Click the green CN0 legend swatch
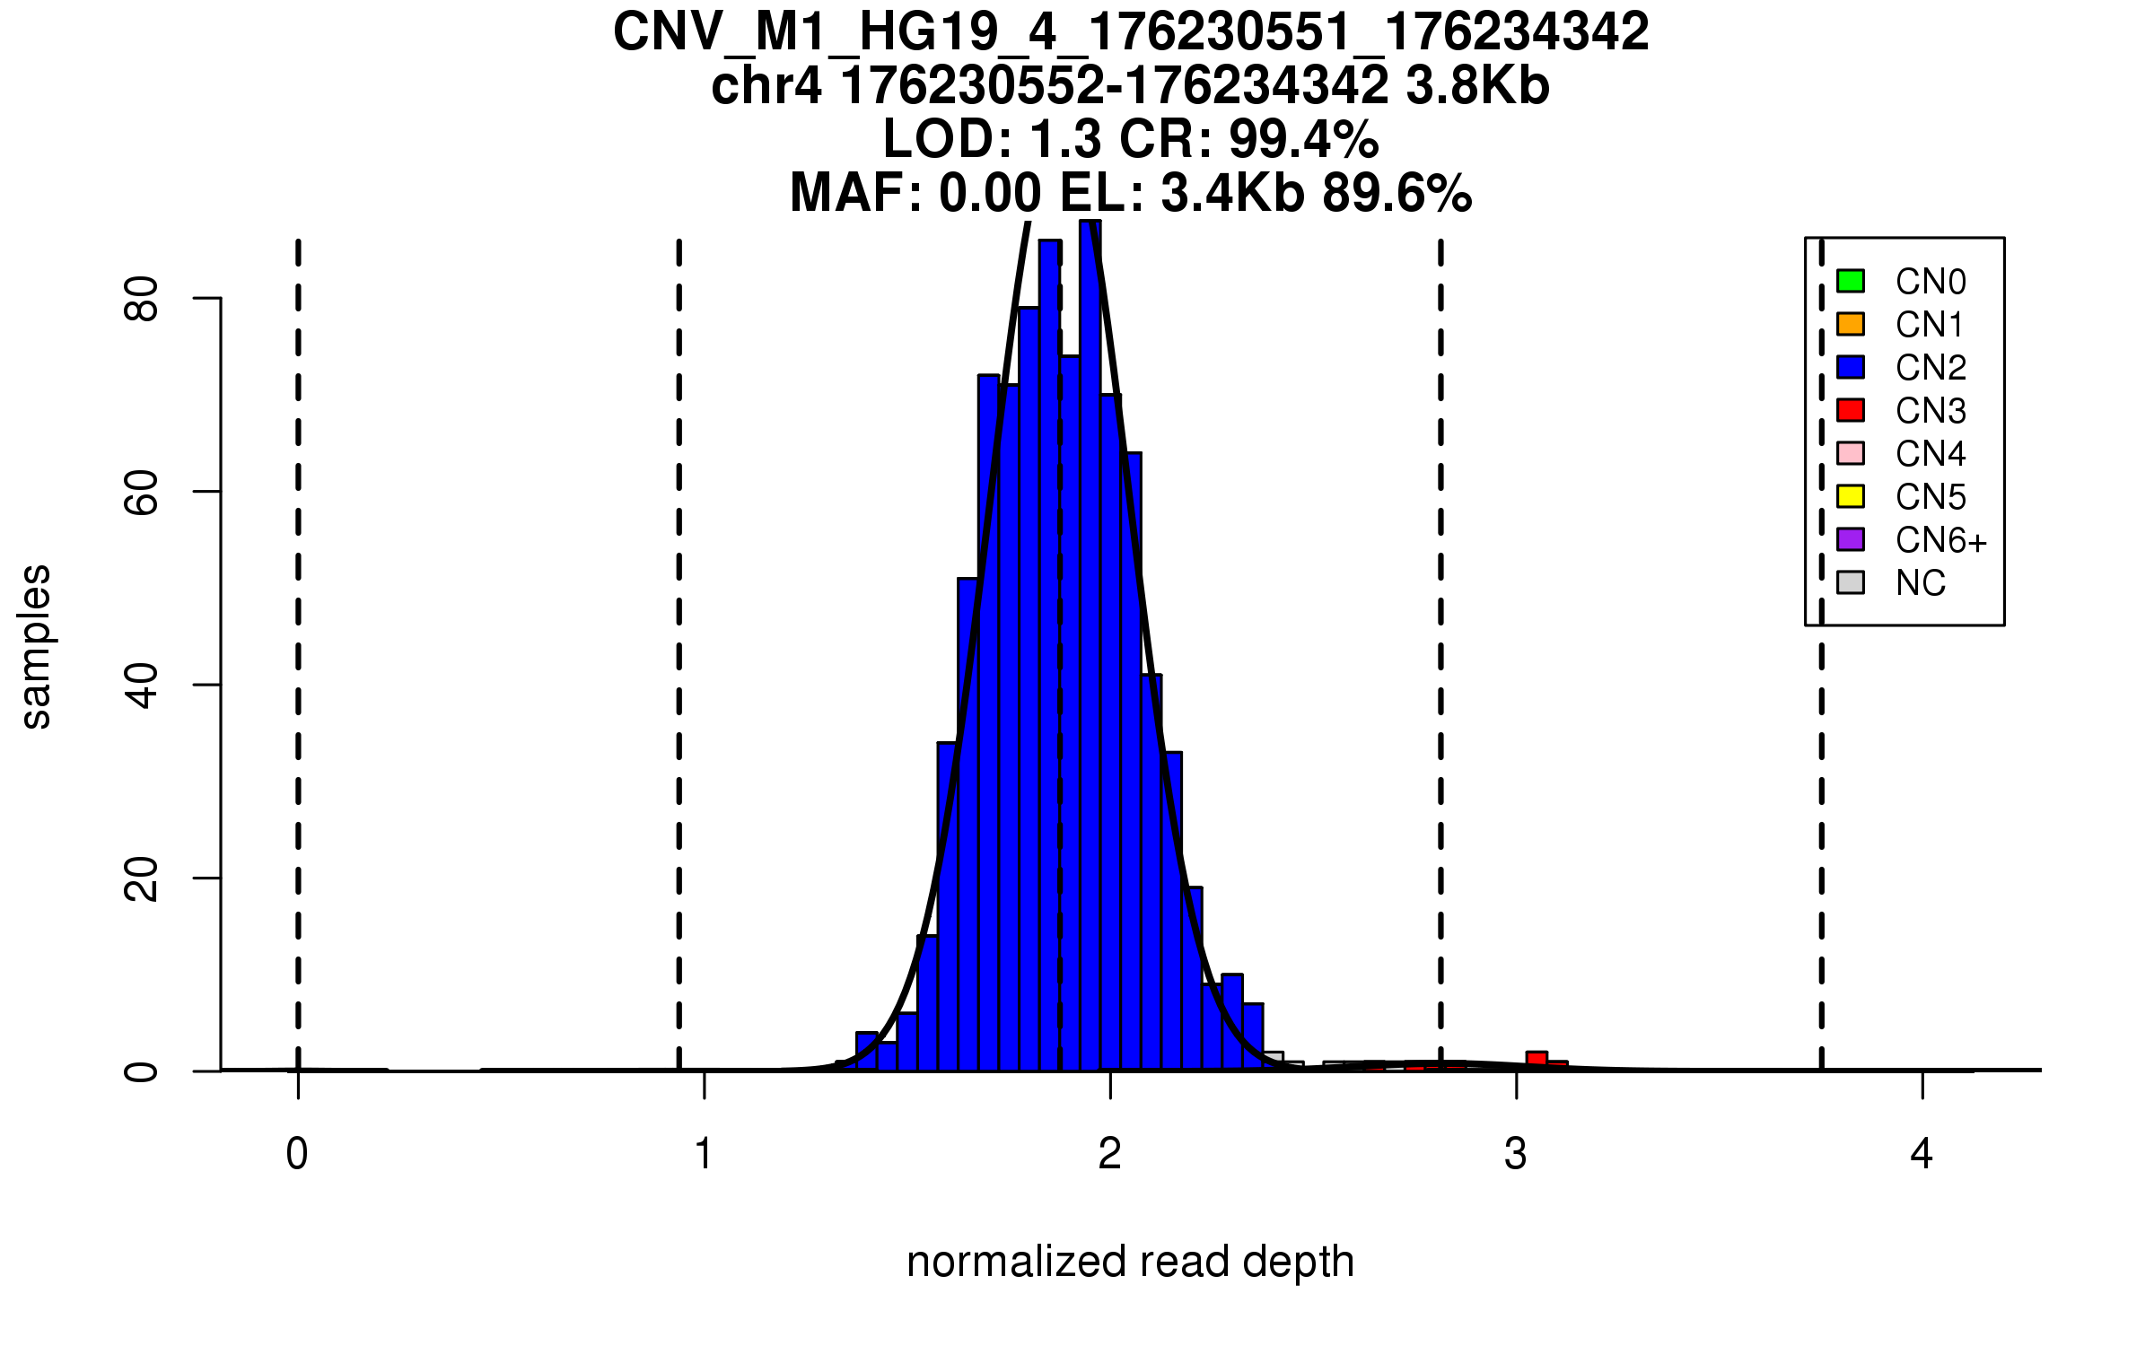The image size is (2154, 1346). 1851,281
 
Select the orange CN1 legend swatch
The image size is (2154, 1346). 1851,324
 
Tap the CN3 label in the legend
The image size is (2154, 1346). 1931,411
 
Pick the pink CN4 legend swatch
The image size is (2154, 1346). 1851,453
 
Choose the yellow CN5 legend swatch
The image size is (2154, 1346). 1851,496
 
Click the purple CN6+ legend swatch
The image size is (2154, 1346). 1851,539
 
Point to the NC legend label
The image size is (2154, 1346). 1920,583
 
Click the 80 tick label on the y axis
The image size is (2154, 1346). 142,299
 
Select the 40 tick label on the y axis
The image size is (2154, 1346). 142,686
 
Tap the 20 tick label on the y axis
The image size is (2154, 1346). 142,878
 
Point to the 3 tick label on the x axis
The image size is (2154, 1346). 1516,1154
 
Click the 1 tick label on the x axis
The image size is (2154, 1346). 704,1154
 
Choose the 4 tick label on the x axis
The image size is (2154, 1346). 1922,1154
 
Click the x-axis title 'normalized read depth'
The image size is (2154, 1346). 1130,1262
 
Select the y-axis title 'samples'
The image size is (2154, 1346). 36,646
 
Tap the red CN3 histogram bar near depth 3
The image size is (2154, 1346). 1537,1060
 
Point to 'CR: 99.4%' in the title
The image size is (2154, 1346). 1248,139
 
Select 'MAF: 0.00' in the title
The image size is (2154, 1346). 915,193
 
